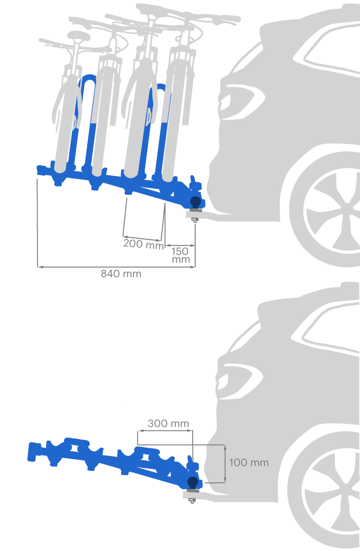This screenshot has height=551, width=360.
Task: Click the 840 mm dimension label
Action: tap(121, 274)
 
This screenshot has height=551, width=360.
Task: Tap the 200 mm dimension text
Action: tap(143, 244)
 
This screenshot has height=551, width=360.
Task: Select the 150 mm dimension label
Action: tap(180, 255)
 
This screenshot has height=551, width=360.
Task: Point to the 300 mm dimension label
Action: tap(168, 424)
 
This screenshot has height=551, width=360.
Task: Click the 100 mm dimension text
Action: tap(249, 463)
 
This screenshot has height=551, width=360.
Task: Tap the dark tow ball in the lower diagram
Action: tap(193, 482)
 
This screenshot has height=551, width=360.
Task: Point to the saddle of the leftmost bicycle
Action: tap(79, 36)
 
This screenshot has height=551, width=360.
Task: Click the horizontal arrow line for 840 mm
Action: tap(117, 267)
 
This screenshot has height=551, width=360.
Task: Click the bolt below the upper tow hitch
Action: tap(195, 220)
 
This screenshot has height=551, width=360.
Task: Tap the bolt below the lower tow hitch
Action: tap(192, 500)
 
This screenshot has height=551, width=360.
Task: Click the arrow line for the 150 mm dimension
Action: tap(180, 245)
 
